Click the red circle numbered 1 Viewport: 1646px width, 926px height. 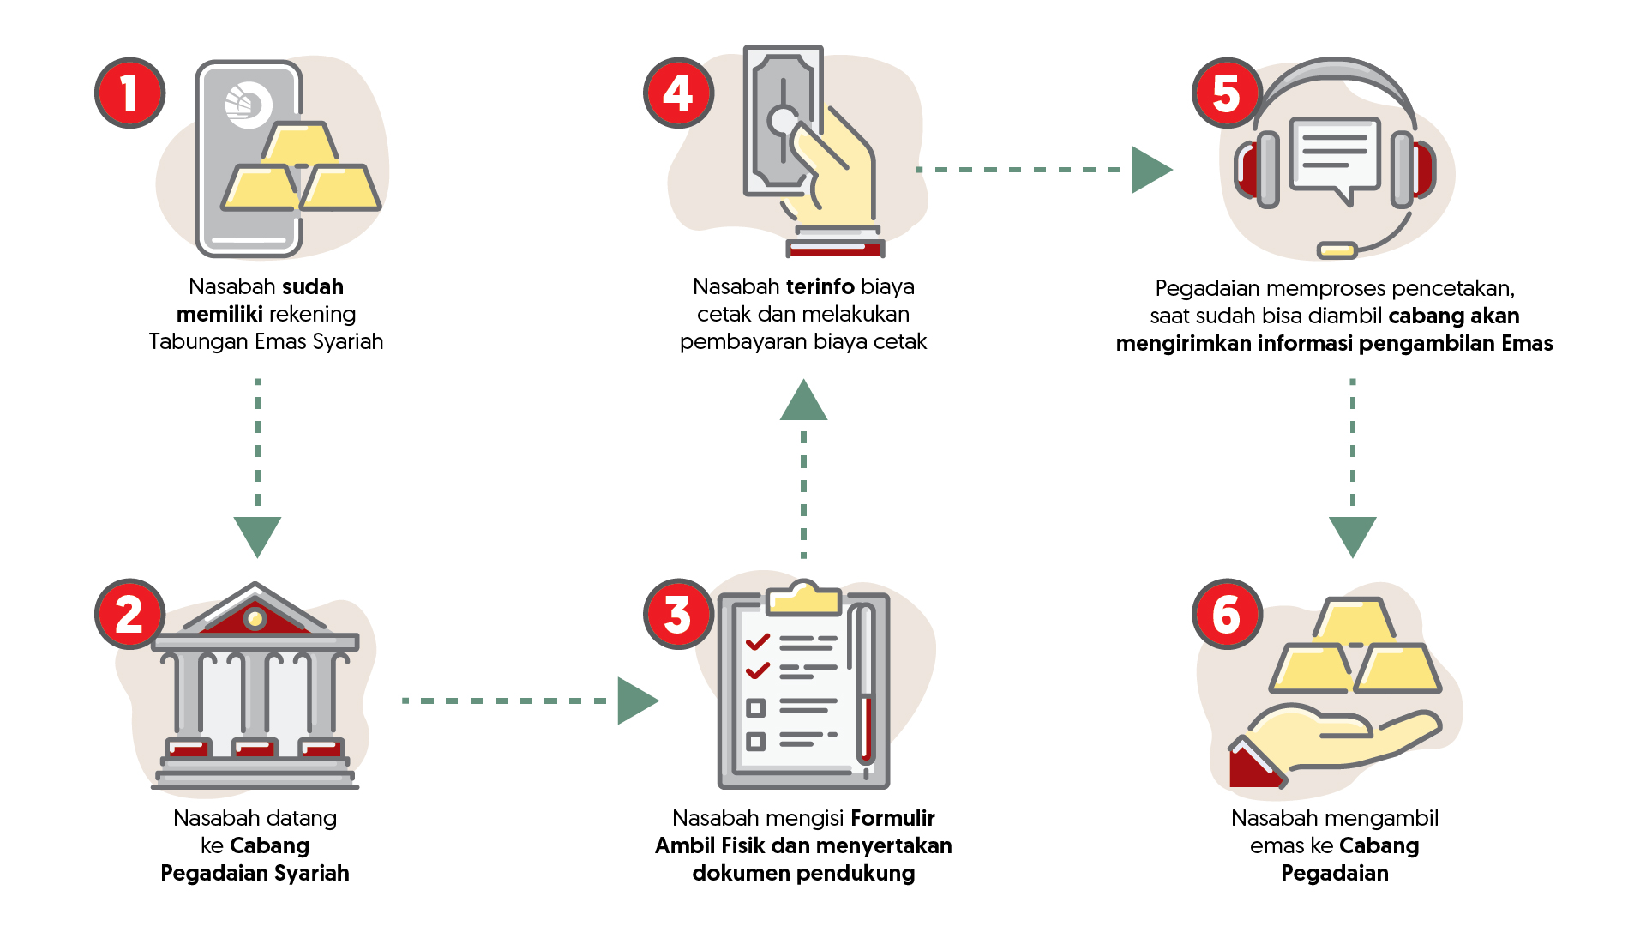click(129, 93)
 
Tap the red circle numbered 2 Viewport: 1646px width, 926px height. click(129, 614)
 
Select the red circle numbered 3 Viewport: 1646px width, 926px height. click(678, 614)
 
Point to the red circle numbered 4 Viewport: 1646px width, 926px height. click(678, 93)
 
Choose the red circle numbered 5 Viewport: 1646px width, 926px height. click(1227, 93)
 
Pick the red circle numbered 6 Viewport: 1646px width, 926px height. click(1227, 614)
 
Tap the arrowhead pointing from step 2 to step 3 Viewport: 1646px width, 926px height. click(636, 701)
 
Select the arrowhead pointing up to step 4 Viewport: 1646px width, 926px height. click(803, 401)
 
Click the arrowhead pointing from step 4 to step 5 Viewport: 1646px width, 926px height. click(1150, 170)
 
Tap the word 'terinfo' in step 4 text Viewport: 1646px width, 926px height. click(820, 286)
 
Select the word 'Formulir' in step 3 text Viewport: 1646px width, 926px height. click(892, 818)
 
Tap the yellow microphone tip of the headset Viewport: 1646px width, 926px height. click(1337, 250)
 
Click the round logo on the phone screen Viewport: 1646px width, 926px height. click(248, 105)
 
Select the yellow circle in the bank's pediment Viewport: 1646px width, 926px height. click(255, 617)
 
